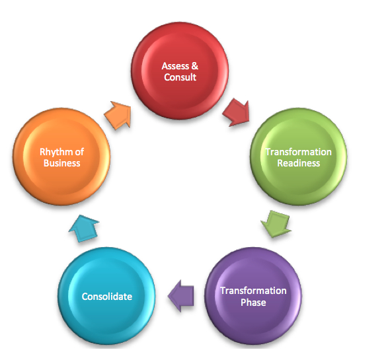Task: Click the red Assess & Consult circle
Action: click(180, 71)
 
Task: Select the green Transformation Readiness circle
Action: click(299, 157)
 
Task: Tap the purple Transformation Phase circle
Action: click(253, 296)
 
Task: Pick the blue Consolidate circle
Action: click(106, 296)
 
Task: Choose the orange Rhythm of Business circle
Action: click(61, 157)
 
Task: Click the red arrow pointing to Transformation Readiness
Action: click(237, 112)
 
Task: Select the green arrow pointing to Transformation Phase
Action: click(276, 224)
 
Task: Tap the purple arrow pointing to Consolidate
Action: click(181, 296)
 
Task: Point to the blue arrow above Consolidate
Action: click(84, 229)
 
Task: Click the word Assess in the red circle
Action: click(175, 66)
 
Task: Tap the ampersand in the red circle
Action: click(195, 66)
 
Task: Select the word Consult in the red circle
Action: click(180, 77)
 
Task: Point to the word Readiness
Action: click(299, 163)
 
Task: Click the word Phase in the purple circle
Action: click(253, 303)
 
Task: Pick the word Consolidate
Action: click(106, 297)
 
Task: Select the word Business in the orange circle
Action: click(62, 163)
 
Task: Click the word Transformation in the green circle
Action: click(299, 152)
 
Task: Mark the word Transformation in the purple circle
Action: click(253, 291)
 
